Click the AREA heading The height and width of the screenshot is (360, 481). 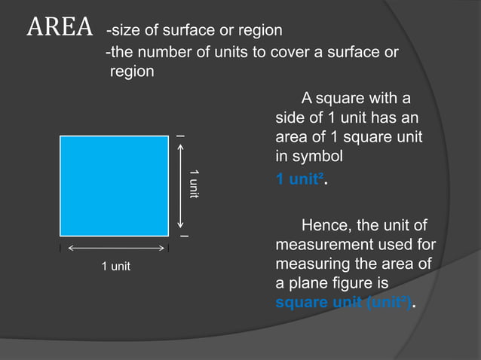tap(60, 29)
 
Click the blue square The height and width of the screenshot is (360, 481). tap(114, 185)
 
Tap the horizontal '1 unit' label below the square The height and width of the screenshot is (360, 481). tap(115, 267)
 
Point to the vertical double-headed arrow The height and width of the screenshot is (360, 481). tap(181, 185)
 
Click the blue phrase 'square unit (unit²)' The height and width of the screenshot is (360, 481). tap(344, 303)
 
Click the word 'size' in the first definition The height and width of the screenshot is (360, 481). tap(124, 31)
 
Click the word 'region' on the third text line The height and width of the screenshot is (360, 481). tap(132, 72)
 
